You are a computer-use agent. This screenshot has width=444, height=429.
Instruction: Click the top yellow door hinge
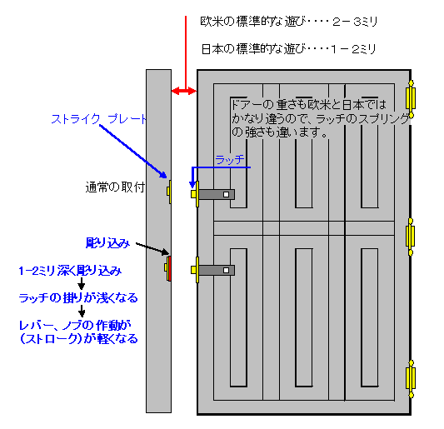pos(411,99)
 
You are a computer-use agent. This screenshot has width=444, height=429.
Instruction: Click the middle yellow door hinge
pos(411,237)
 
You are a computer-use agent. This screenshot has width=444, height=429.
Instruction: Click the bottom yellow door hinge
pos(411,379)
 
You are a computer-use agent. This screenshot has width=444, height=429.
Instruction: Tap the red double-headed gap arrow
pos(184,91)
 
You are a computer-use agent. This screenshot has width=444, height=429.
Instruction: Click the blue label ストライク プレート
pos(99,119)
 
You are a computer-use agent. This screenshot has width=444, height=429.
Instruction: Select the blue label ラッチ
pos(230,160)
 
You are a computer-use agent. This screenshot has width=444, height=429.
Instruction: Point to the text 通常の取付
pos(115,187)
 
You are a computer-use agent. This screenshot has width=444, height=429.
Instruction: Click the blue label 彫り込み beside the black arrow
pos(107,243)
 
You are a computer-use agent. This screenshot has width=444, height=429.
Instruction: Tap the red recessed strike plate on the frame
pos(169,268)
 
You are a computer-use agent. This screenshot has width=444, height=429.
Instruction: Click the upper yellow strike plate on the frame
pos(169,192)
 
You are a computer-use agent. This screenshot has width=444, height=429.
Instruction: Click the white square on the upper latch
pos(226,195)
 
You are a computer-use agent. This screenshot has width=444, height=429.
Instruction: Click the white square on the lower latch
pos(226,270)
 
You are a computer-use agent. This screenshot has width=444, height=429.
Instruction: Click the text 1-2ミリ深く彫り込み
pos(70,271)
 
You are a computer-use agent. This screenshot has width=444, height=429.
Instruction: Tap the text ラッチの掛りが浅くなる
pos(78,298)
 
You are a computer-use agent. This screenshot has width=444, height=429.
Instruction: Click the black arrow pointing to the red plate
pos(152,248)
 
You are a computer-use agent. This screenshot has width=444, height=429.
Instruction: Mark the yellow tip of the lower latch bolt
pos(194,270)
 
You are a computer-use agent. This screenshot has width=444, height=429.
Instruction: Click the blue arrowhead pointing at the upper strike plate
pos(163,174)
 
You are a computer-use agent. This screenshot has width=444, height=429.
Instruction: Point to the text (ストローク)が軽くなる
pos(79,339)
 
